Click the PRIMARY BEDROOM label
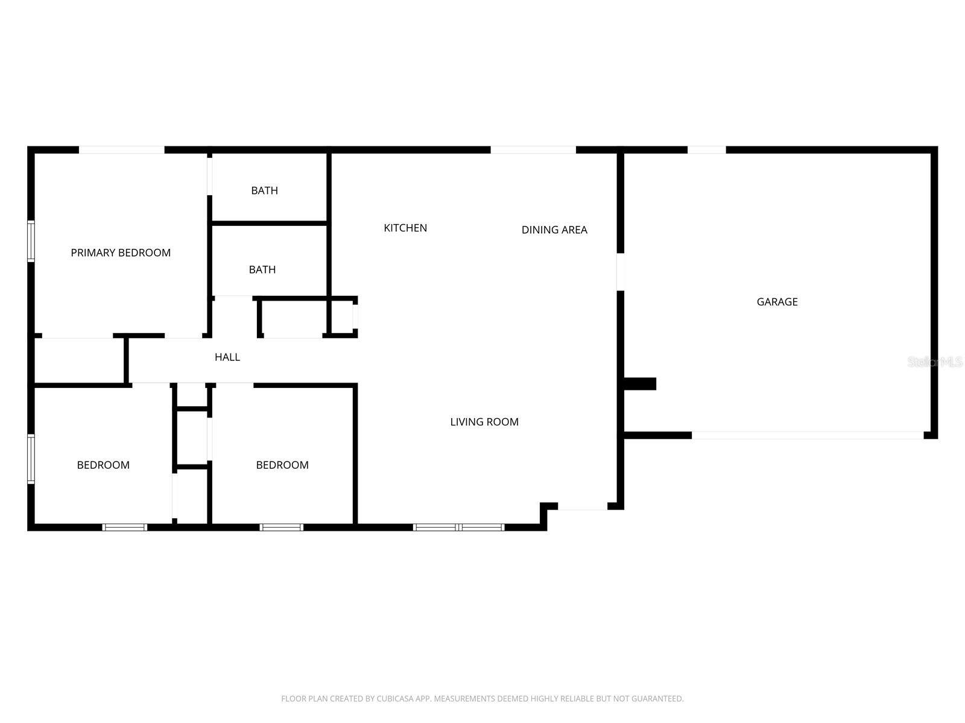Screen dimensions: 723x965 point(121,252)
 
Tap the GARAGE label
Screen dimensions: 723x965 point(777,302)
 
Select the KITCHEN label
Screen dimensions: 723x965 point(405,228)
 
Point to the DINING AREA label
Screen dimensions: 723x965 point(554,230)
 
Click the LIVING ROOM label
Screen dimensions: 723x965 point(484,422)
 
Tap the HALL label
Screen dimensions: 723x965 point(227,357)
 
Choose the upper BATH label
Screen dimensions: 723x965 point(264,190)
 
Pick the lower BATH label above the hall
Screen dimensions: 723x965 point(262,269)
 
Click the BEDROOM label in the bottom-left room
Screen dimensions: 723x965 point(103,465)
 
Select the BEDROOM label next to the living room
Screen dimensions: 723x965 point(282,465)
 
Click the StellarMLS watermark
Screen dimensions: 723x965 point(935,361)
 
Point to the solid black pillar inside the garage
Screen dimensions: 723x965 point(639,384)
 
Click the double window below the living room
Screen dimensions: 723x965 point(459,527)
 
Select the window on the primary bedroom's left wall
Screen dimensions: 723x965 point(31,241)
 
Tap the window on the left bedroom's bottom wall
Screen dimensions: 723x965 point(125,527)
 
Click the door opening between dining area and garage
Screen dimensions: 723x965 point(620,272)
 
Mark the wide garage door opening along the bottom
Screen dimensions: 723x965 point(807,435)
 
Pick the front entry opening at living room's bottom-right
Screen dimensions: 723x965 point(582,507)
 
